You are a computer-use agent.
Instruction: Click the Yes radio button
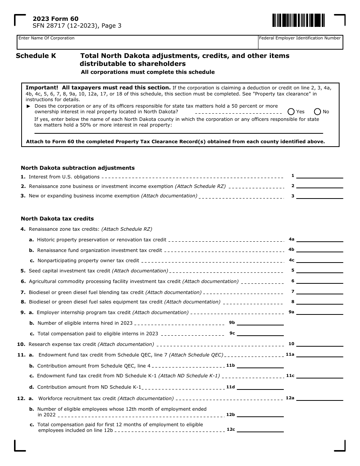[291, 111]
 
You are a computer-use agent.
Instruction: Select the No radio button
[318, 111]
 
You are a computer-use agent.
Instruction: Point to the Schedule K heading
[36, 56]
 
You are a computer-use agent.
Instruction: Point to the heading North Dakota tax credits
[57, 219]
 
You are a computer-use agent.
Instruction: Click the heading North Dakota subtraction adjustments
[78, 168]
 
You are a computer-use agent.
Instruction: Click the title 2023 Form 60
[56, 19]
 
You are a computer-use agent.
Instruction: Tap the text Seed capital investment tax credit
[70, 271]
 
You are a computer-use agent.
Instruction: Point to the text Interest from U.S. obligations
[64, 177]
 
